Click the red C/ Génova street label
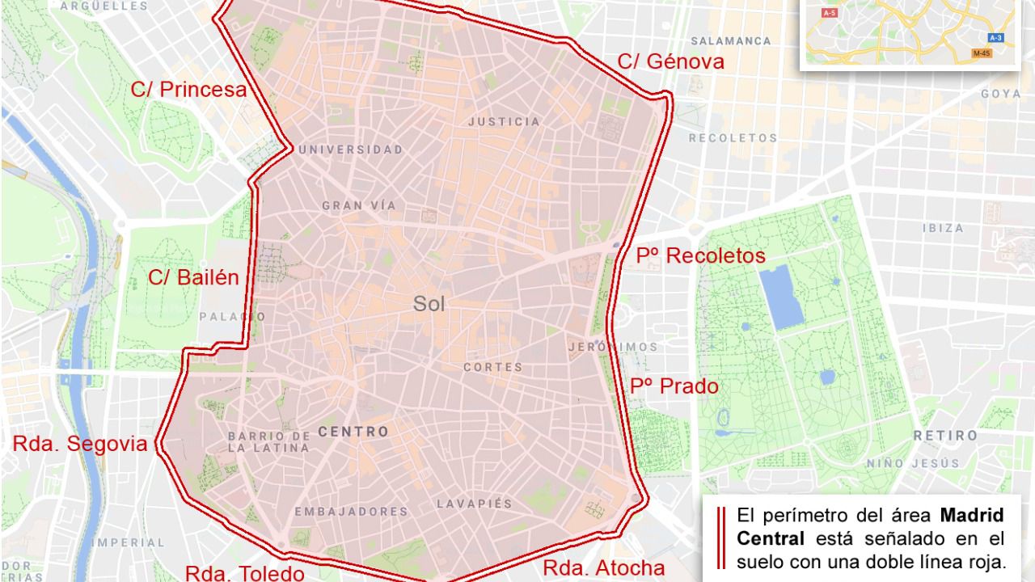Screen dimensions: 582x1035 (670, 62)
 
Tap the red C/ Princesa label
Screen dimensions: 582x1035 (188, 90)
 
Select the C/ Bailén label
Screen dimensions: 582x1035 (193, 278)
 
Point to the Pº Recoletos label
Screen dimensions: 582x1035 (700, 256)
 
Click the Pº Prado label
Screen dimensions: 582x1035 (674, 387)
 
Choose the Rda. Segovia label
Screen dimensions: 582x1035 (80, 444)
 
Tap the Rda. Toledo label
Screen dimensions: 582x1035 (245, 573)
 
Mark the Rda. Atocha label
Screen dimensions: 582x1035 (603, 568)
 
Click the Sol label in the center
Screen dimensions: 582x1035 (429, 304)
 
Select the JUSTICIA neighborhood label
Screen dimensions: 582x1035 (504, 122)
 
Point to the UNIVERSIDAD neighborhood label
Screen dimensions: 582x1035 (350, 150)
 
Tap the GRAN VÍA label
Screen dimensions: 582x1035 (359, 205)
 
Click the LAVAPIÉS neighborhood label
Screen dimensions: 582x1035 (474, 504)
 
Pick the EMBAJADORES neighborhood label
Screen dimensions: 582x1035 (351, 512)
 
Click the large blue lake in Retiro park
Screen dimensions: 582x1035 (781, 297)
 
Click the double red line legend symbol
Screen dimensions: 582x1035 (720, 538)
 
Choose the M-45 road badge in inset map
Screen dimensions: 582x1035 (982, 53)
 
